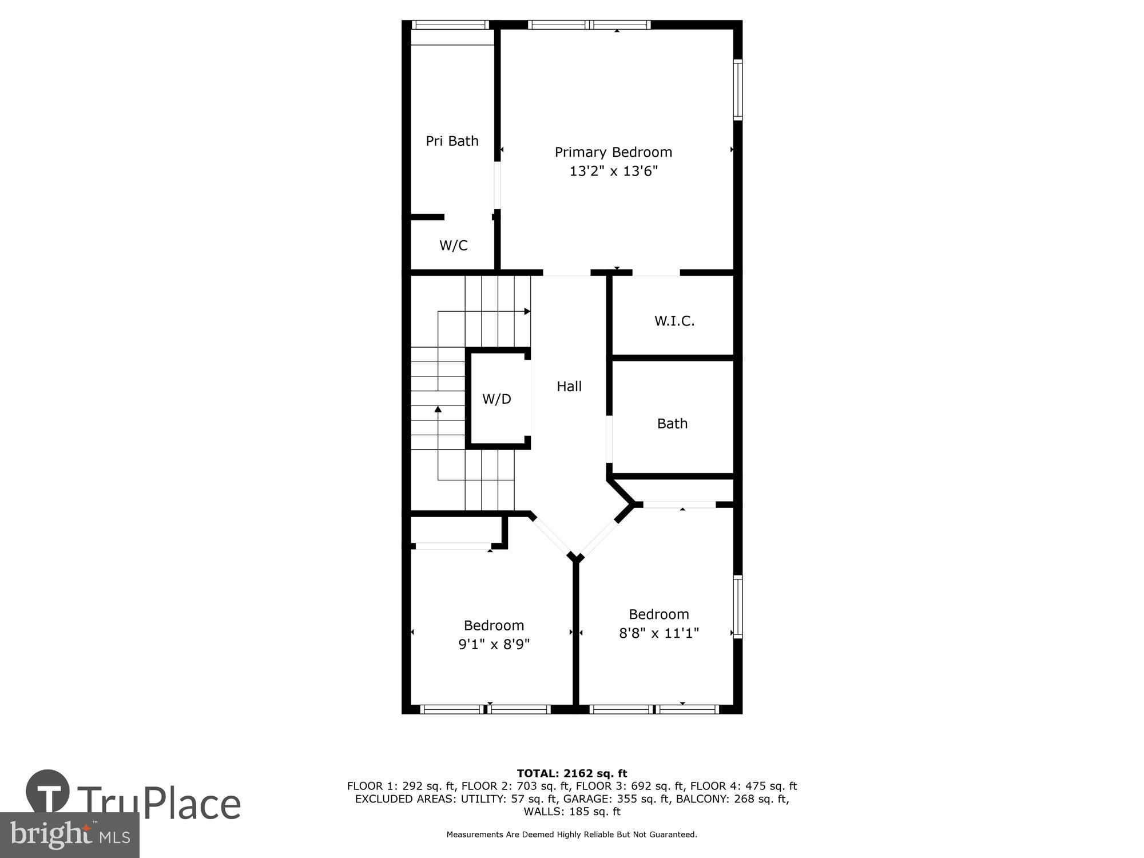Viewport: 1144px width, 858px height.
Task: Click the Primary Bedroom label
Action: click(x=613, y=152)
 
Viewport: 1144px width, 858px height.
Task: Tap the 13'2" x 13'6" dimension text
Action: click(x=613, y=171)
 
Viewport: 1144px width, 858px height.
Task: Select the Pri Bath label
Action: click(x=452, y=141)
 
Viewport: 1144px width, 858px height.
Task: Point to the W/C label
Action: click(x=453, y=245)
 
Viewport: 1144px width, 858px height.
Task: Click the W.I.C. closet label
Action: click(x=674, y=321)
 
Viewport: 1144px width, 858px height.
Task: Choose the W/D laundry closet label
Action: click(x=496, y=399)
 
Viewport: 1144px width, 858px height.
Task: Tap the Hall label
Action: click(x=569, y=387)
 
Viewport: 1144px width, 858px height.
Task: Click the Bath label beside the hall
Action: click(x=672, y=424)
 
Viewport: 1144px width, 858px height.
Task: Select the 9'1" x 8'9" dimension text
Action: click(x=494, y=645)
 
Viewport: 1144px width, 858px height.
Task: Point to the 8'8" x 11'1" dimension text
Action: click(x=659, y=633)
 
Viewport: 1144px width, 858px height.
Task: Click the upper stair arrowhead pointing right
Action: click(x=527, y=312)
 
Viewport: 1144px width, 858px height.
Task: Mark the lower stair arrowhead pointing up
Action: click(x=438, y=409)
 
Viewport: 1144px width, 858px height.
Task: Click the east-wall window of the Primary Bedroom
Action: click(x=738, y=90)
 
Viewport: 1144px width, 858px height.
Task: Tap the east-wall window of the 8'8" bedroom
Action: click(x=738, y=606)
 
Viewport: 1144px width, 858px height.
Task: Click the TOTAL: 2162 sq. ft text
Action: click(x=572, y=773)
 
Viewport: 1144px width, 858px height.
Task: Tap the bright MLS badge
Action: click(x=70, y=835)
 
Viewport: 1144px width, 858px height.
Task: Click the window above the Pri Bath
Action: click(x=450, y=25)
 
